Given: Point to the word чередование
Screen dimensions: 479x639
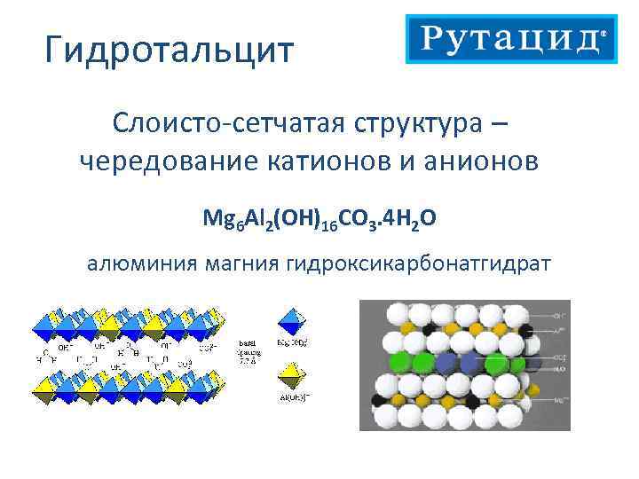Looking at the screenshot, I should pos(164,161).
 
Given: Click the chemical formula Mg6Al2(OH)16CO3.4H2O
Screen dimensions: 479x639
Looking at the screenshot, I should pos(319,218).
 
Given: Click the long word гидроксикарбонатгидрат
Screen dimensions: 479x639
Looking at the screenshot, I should pos(418,263).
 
